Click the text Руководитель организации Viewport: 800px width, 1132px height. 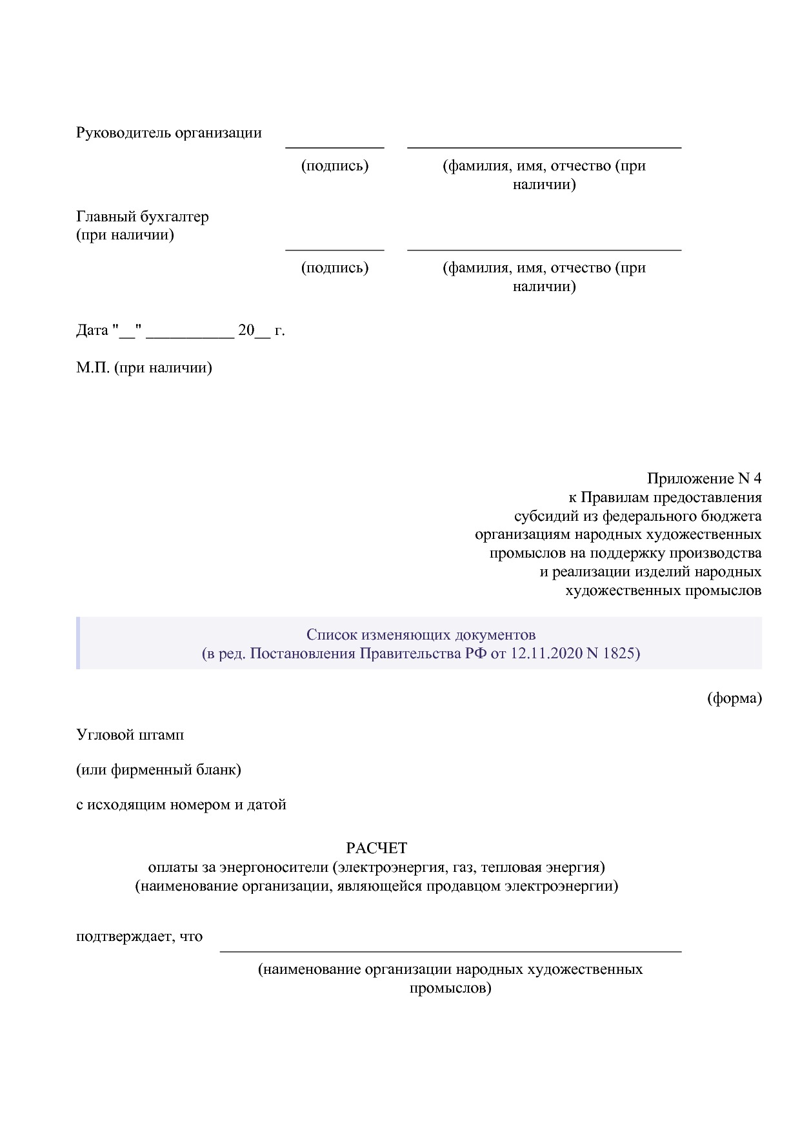tap(169, 133)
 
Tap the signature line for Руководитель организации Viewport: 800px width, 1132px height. tap(335, 147)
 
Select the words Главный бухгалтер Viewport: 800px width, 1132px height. tap(143, 217)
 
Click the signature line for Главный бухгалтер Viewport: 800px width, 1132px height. tap(335, 248)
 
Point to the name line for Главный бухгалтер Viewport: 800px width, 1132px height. tap(544, 248)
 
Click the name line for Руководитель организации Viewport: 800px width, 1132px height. tap(544, 147)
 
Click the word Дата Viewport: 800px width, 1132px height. tap(92, 331)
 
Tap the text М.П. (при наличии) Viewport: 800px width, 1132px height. tap(144, 369)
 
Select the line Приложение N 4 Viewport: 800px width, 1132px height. tap(704, 479)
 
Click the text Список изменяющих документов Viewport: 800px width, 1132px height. tap(421, 635)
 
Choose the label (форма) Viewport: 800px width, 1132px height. tap(734, 698)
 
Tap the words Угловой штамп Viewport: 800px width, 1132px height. tap(130, 735)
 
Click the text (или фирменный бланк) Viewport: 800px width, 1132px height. tap(159, 770)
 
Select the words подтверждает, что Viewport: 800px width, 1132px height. tap(139, 936)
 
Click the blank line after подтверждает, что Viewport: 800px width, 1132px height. tap(450, 950)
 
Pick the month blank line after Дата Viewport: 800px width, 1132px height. tap(190, 337)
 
